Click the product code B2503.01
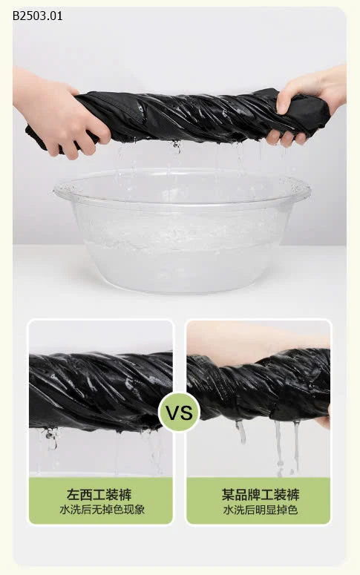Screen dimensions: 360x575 click(37, 16)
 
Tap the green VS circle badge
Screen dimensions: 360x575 click(180, 413)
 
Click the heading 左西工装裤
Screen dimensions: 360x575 click(99, 495)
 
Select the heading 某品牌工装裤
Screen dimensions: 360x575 click(261, 495)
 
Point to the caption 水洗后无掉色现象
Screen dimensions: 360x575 click(102, 510)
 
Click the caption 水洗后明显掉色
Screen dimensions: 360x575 click(261, 510)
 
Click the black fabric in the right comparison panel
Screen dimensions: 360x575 click(259, 385)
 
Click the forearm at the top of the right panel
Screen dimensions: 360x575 click(257, 341)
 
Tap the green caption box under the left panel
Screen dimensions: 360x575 click(100, 500)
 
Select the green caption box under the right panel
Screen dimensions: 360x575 click(258, 500)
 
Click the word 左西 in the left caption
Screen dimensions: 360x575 click(79, 495)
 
